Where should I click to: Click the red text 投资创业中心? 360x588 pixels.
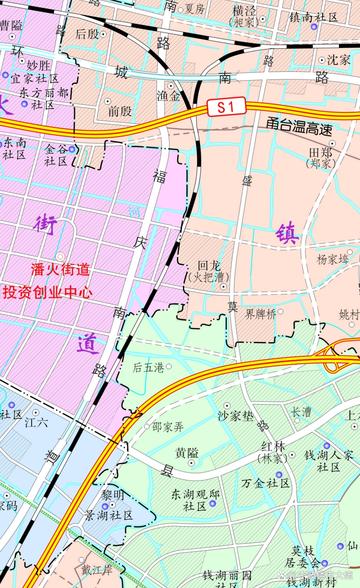(x=48, y=293)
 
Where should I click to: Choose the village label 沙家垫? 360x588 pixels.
(x=236, y=414)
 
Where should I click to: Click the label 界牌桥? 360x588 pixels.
(x=259, y=313)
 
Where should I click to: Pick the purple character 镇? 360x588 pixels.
(x=287, y=234)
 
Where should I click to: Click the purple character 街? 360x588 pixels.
(x=46, y=224)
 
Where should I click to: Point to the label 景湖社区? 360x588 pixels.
(x=108, y=516)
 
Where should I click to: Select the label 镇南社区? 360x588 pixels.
(x=314, y=18)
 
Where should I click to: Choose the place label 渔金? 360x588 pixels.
(x=169, y=97)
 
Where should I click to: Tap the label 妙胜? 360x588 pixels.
(x=38, y=64)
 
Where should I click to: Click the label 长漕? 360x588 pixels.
(x=301, y=411)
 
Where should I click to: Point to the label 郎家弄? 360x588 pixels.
(x=168, y=427)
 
